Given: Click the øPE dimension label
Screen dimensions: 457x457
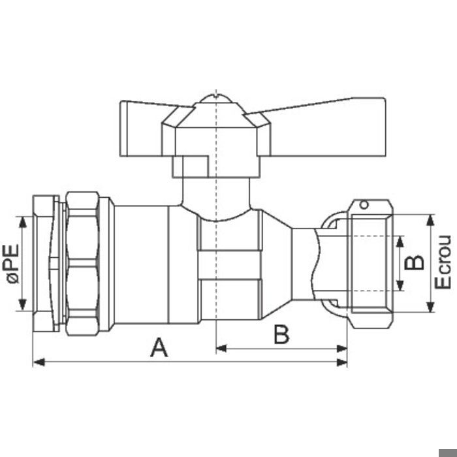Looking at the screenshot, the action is coord(13,264).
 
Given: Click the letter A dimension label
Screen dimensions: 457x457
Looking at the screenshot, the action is coord(159,347).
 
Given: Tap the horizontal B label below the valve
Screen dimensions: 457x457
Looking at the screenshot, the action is coord(281,334).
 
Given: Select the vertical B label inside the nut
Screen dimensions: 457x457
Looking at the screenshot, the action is coord(414,262).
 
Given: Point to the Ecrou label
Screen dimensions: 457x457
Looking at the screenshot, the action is coord(443,262).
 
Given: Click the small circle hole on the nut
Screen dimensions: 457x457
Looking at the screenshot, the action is coord(364,204).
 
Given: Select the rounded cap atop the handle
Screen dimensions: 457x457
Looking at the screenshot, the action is coord(216,99).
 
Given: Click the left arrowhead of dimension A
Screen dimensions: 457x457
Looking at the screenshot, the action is coord(39,362).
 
